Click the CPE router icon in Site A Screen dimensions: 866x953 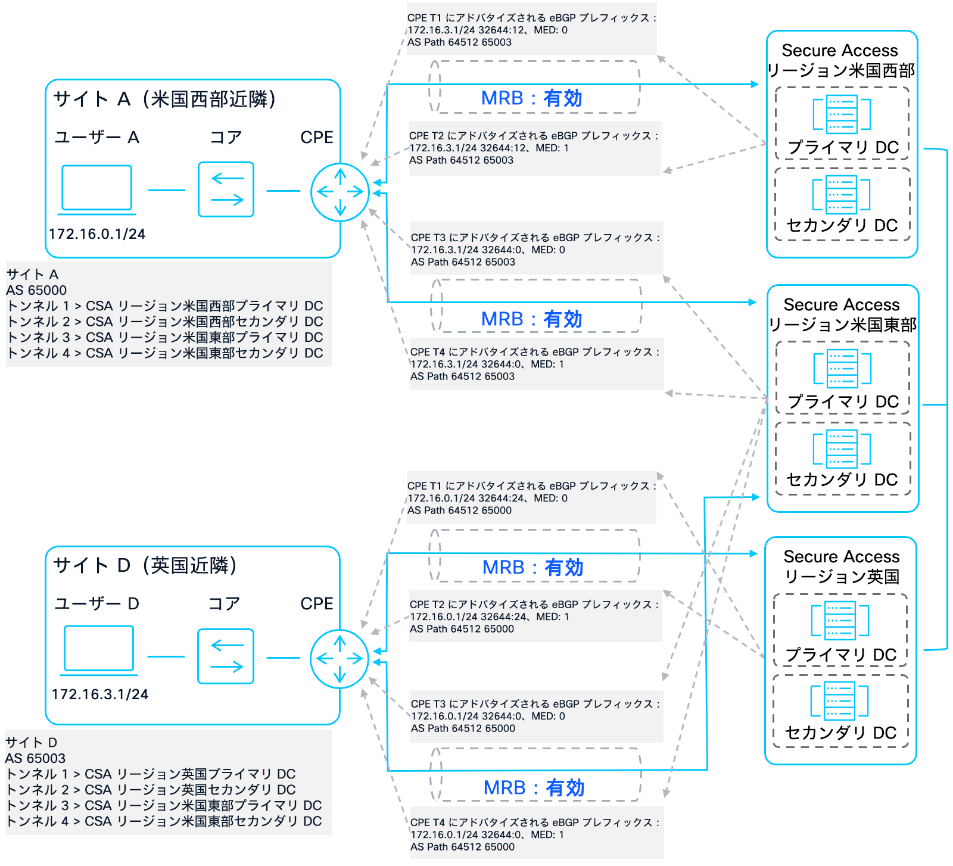coord(340,192)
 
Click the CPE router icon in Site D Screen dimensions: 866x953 coord(340,659)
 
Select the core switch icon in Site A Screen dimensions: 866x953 coord(226,189)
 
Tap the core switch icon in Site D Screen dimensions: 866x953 coord(226,656)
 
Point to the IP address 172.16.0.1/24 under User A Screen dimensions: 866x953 coord(97,234)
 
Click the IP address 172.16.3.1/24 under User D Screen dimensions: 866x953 coord(99,694)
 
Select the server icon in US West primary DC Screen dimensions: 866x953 coord(842,114)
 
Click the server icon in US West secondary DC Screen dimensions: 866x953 coord(842,194)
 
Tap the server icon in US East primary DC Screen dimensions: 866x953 coord(842,369)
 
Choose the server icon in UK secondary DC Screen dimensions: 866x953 coord(840,701)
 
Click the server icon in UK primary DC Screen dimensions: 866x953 coord(840,621)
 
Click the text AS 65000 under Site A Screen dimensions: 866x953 coord(36,291)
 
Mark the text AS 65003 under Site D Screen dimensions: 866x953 coord(35,759)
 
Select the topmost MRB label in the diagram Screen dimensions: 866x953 coord(531,98)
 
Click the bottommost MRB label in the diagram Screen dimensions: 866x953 coord(534,788)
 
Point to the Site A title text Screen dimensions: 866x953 coord(164,99)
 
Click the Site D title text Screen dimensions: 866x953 coord(145,565)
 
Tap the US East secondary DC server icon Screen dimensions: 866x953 coord(842,448)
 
